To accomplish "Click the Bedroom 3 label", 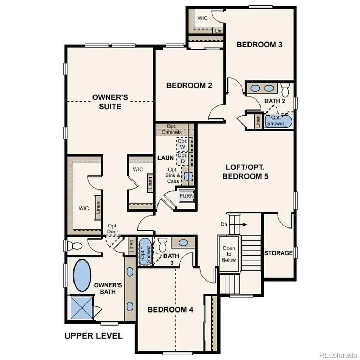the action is pyautogui.click(x=259, y=45).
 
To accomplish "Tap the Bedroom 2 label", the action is pyautogui.click(x=189, y=86).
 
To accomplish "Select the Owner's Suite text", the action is pyautogui.click(x=110, y=102).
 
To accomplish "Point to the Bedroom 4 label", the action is pyautogui.click(x=171, y=309).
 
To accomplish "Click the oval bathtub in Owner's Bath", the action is pyautogui.click(x=82, y=276).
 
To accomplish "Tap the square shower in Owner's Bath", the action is pyautogui.click(x=82, y=308).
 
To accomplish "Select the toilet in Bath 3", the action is pyautogui.click(x=162, y=245).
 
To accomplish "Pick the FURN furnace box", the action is pyautogui.click(x=187, y=196).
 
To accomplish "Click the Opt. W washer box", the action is pyautogui.click(x=182, y=144).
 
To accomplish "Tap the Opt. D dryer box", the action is pyautogui.click(x=182, y=159).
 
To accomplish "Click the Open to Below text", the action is pyautogui.click(x=229, y=254).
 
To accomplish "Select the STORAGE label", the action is pyautogui.click(x=278, y=253).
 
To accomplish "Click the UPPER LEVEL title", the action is pyautogui.click(x=94, y=336).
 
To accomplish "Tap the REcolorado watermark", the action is pyautogui.click(x=339, y=355).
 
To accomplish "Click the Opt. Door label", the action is pyautogui.click(x=112, y=229).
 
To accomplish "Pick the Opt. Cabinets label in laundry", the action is pyautogui.click(x=172, y=129).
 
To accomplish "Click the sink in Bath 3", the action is pyautogui.click(x=183, y=243).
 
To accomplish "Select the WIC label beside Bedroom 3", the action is pyautogui.click(x=202, y=18).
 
